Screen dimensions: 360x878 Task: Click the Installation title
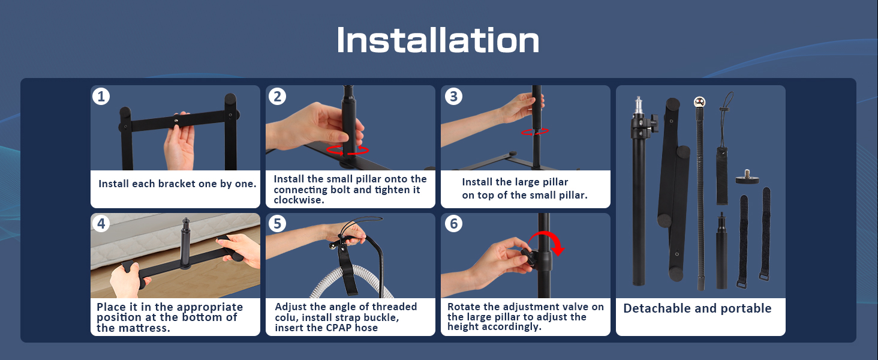(438, 41)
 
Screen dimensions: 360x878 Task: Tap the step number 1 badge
(101, 96)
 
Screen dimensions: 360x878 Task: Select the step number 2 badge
(277, 96)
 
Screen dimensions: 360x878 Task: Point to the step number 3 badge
(453, 96)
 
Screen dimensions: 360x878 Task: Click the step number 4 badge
(101, 224)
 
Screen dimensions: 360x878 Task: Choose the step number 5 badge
(277, 224)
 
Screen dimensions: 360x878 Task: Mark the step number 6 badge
(453, 224)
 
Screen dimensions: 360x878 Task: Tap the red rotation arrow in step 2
(348, 150)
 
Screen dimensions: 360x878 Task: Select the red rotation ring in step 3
(535, 131)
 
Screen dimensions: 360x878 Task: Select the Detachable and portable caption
(697, 308)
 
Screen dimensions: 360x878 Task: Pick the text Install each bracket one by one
(178, 184)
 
